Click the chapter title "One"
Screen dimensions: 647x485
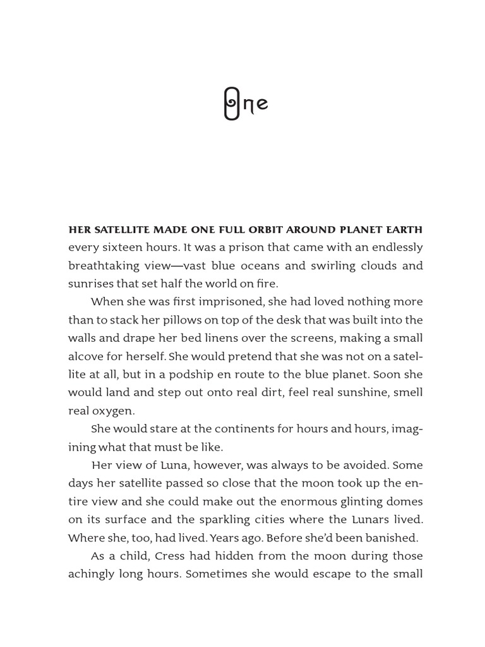(x=246, y=104)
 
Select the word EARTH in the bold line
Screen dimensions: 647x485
(x=404, y=229)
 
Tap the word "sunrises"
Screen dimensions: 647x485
(x=91, y=284)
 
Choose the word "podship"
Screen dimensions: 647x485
(x=211, y=375)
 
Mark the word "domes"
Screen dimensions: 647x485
(x=404, y=502)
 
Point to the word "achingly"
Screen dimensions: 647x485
(x=91, y=574)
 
